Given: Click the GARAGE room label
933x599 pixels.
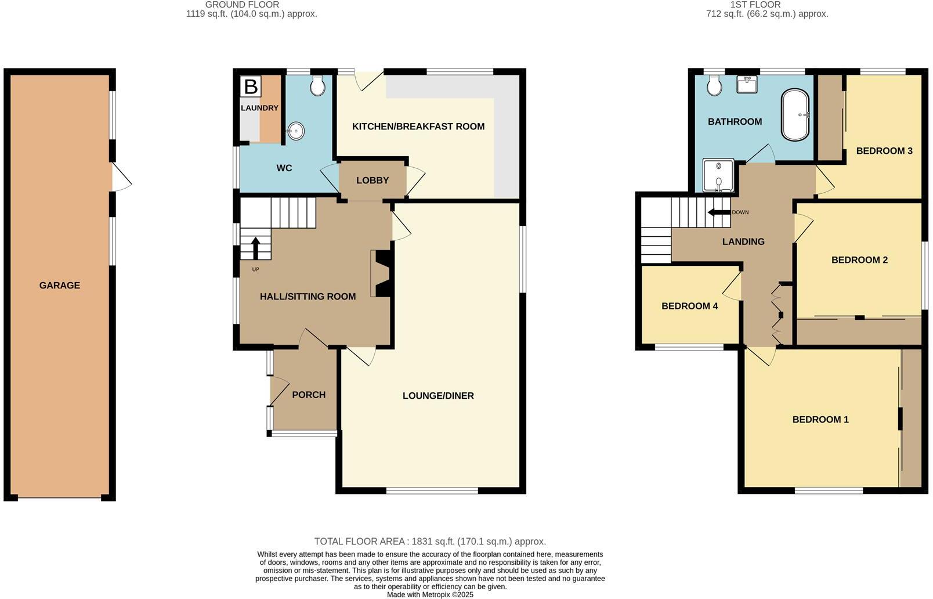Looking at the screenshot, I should [60, 285].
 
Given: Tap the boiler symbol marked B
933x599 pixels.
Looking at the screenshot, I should [251, 87].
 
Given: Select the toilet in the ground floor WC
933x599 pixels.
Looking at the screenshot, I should [317, 86].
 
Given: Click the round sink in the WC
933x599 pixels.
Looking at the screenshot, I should [295, 131].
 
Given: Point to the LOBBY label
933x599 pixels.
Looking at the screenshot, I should [373, 181].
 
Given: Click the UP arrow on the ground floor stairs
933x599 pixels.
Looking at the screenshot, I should [255, 248].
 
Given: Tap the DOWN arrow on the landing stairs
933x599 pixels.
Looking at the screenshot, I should [718, 212].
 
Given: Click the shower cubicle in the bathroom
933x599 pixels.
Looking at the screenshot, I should [718, 176].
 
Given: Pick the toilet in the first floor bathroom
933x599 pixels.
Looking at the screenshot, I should [715, 86].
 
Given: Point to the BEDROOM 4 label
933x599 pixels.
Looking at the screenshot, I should [689, 306].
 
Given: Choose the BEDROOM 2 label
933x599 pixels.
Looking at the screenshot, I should [859, 259].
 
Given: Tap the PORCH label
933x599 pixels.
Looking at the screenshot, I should [309, 395].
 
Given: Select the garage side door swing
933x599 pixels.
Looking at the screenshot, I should [121, 178].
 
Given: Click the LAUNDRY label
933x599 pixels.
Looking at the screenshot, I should [259, 108].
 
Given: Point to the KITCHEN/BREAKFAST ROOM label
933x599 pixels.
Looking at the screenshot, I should [418, 127].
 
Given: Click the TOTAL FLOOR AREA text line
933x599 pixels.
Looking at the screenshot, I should [430, 542].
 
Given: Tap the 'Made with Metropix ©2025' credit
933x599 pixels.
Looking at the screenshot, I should [430, 594].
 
